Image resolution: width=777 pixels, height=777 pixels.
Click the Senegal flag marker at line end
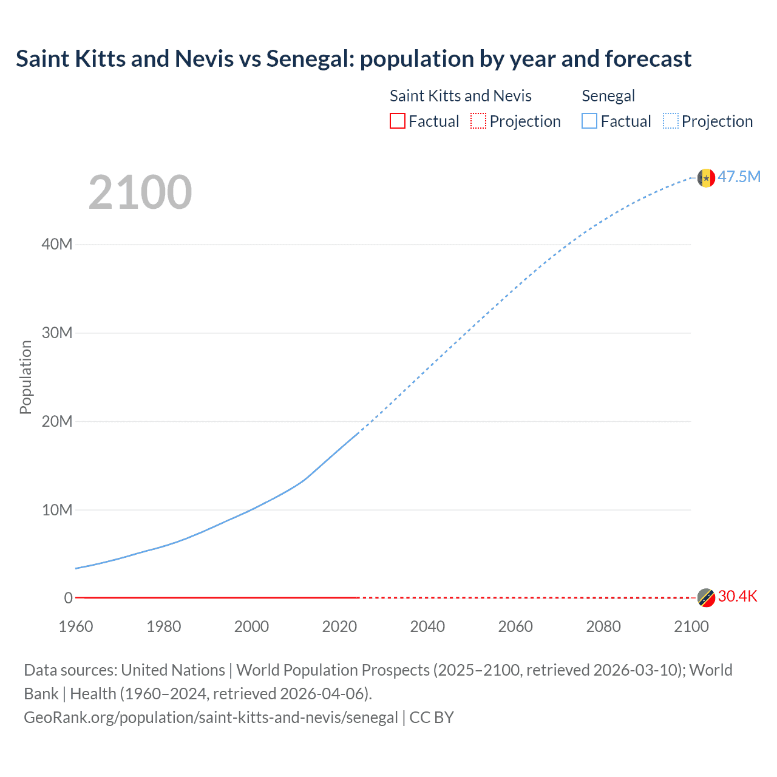pyautogui.click(x=706, y=178)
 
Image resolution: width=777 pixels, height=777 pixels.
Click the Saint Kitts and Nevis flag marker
pyautogui.click(x=706, y=598)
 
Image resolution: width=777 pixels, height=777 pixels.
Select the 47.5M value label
pyautogui.click(x=739, y=177)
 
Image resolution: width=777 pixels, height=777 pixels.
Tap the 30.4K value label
pyautogui.click(x=738, y=596)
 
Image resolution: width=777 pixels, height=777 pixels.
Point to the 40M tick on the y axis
pyautogui.click(x=57, y=244)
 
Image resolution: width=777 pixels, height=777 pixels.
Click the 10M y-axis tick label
pyautogui.click(x=57, y=510)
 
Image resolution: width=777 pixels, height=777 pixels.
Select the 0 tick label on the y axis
pyautogui.click(x=68, y=598)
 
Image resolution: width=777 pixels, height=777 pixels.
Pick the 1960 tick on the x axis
pyautogui.click(x=76, y=626)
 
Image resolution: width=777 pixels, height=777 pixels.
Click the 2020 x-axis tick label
pyautogui.click(x=339, y=626)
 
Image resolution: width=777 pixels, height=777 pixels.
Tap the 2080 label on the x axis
pyautogui.click(x=603, y=626)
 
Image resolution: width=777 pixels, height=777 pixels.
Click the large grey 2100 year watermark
pyautogui.click(x=140, y=192)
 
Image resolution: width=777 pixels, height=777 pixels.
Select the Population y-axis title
pyautogui.click(x=25, y=377)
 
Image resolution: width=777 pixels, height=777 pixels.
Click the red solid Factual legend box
pyautogui.click(x=398, y=121)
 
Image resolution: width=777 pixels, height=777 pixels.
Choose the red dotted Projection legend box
pyautogui.click(x=478, y=121)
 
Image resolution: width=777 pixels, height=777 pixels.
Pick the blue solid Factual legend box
pyautogui.click(x=589, y=121)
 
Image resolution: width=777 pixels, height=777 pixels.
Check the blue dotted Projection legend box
pyautogui.click(x=671, y=121)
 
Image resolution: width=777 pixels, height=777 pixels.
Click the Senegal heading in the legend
pyautogui.click(x=608, y=96)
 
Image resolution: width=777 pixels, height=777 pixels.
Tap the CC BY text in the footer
pyautogui.click(x=432, y=718)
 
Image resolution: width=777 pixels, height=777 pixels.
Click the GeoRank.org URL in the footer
pyautogui.click(x=211, y=718)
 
